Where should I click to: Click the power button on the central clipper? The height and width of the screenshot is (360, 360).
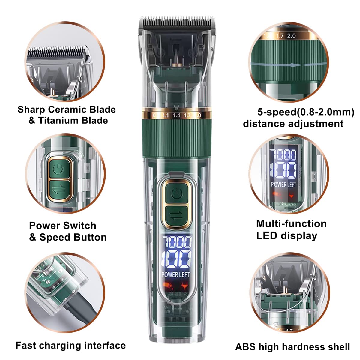coord(176,194)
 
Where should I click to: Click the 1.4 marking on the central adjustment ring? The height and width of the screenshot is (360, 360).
coord(176,115)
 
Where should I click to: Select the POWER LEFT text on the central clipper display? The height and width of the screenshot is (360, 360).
coord(176,274)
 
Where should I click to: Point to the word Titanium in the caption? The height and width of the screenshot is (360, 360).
coord(61,120)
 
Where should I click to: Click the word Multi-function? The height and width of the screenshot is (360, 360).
coord(291,224)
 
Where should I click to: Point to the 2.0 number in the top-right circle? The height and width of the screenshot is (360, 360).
coord(291,36)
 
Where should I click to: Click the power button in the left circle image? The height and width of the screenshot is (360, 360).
coord(59,170)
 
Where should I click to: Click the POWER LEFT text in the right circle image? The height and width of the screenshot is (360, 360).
coord(283,184)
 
